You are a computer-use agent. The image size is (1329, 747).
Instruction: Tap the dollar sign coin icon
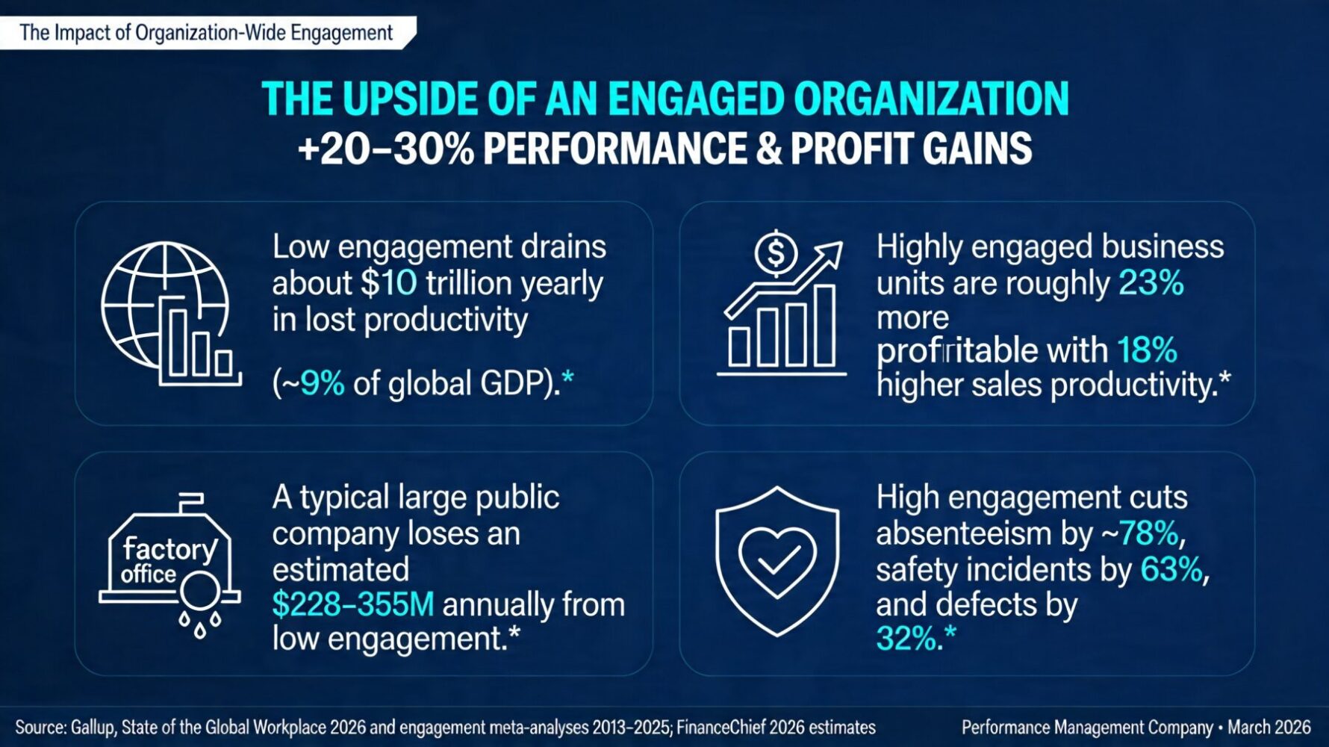coord(776,253)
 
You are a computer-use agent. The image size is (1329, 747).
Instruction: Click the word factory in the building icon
coord(169,549)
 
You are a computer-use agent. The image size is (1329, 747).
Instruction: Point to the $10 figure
coord(389,283)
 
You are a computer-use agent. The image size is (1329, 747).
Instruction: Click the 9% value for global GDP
coord(322,383)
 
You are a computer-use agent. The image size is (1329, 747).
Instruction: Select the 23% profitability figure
coord(1151,283)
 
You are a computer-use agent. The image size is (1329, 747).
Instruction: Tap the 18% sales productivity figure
coord(1147,350)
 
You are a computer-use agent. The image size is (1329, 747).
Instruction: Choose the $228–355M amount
coord(352,604)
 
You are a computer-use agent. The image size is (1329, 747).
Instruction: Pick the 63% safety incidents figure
coord(1171,569)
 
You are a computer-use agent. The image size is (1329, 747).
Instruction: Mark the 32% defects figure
coord(906,639)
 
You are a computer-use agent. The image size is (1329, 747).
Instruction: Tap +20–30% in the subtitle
coord(385,149)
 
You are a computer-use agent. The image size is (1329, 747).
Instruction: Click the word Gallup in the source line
coord(93,728)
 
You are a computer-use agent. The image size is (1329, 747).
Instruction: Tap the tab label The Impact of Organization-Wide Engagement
coord(206,33)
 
